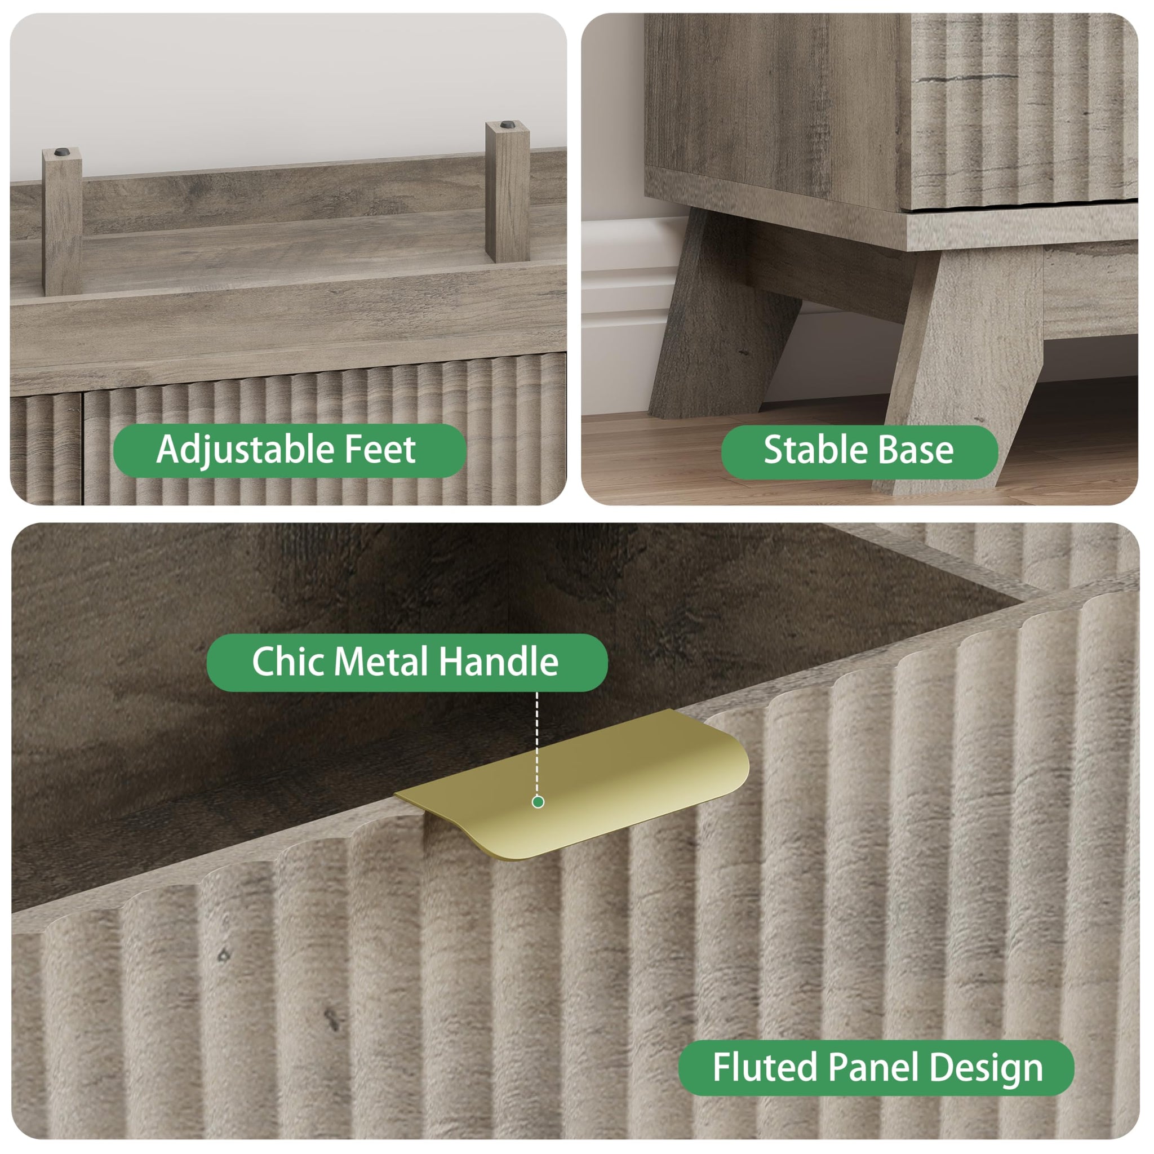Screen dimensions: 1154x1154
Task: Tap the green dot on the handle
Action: [x=538, y=802]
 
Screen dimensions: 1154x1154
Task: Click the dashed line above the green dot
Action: [x=537, y=744]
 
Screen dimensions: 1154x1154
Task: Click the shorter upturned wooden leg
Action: [x=62, y=222]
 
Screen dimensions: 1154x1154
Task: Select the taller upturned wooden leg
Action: [x=507, y=191]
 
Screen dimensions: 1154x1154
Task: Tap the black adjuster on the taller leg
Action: [x=508, y=126]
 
